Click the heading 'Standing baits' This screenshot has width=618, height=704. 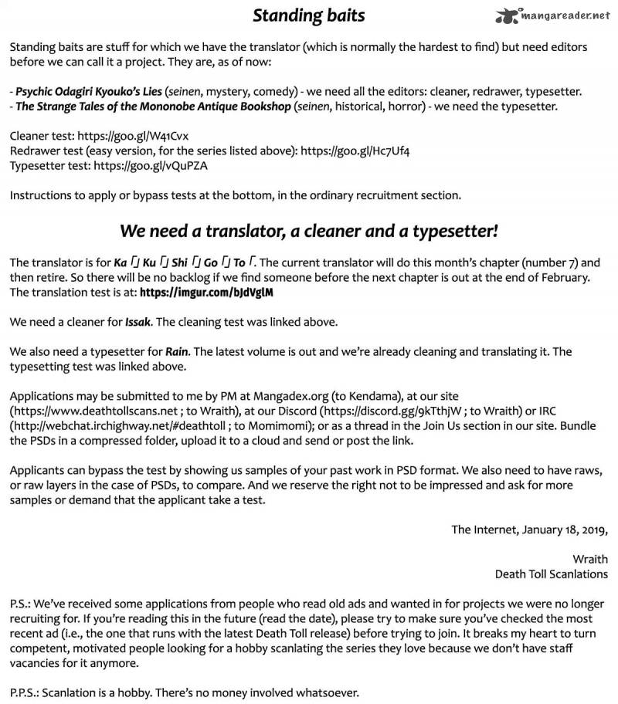(309, 15)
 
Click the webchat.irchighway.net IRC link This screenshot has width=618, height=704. (113, 426)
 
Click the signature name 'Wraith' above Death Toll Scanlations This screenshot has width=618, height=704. (590, 559)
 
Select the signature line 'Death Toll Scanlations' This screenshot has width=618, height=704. (552, 574)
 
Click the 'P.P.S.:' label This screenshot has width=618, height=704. (27, 692)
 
